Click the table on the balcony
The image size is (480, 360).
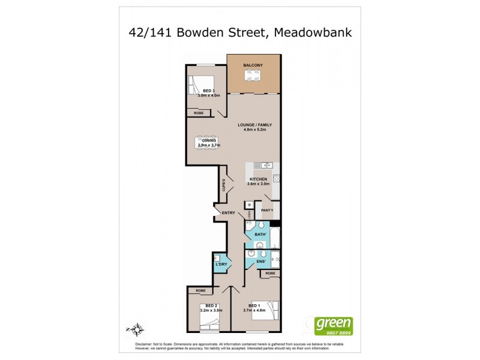coord(253,76)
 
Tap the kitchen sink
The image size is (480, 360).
coord(263,165)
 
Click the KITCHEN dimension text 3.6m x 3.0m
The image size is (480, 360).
coord(259,184)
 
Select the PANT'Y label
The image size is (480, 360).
coord(268,209)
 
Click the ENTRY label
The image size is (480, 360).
coord(229,213)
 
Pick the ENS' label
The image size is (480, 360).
coord(260,262)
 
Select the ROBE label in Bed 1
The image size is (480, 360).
coord(271,273)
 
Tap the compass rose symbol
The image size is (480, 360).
coord(137,328)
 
